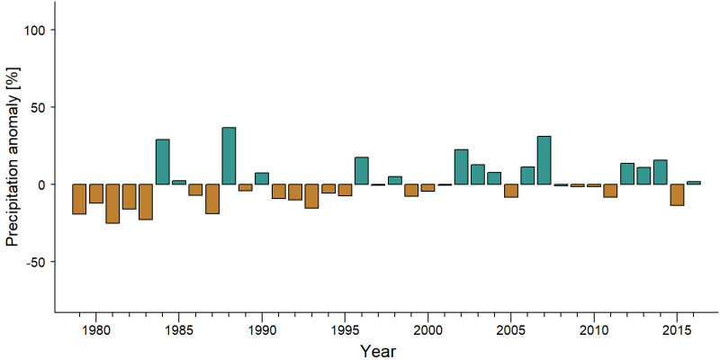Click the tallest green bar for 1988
[229, 156]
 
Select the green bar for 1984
[163, 162]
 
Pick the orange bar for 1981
[112, 203]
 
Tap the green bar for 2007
[544, 160]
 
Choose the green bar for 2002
[461, 166]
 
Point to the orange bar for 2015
[677, 194]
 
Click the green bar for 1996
[362, 171]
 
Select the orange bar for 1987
[212, 199]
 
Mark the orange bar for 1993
[311, 196]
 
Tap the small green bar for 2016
[693, 183]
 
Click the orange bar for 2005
[511, 191]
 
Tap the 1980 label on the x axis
[96, 329]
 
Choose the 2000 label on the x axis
[428, 329]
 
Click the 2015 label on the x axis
[677, 329]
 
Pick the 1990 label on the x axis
[262, 329]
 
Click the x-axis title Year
[378, 351]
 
